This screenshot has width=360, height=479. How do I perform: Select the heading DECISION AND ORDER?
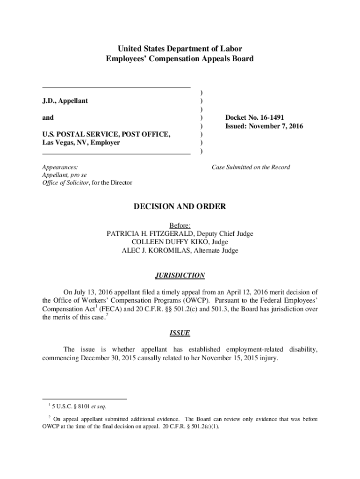[180, 206]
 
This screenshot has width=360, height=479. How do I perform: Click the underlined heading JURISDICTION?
[180, 276]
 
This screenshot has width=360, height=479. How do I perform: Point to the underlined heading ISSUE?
[180, 333]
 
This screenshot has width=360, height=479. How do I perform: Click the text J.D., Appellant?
[65, 101]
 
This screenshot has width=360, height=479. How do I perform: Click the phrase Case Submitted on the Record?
[251, 167]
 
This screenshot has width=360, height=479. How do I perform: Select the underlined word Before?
[180, 225]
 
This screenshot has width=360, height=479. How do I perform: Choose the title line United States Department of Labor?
[180, 49]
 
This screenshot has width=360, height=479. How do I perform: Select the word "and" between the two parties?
[48, 117]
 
